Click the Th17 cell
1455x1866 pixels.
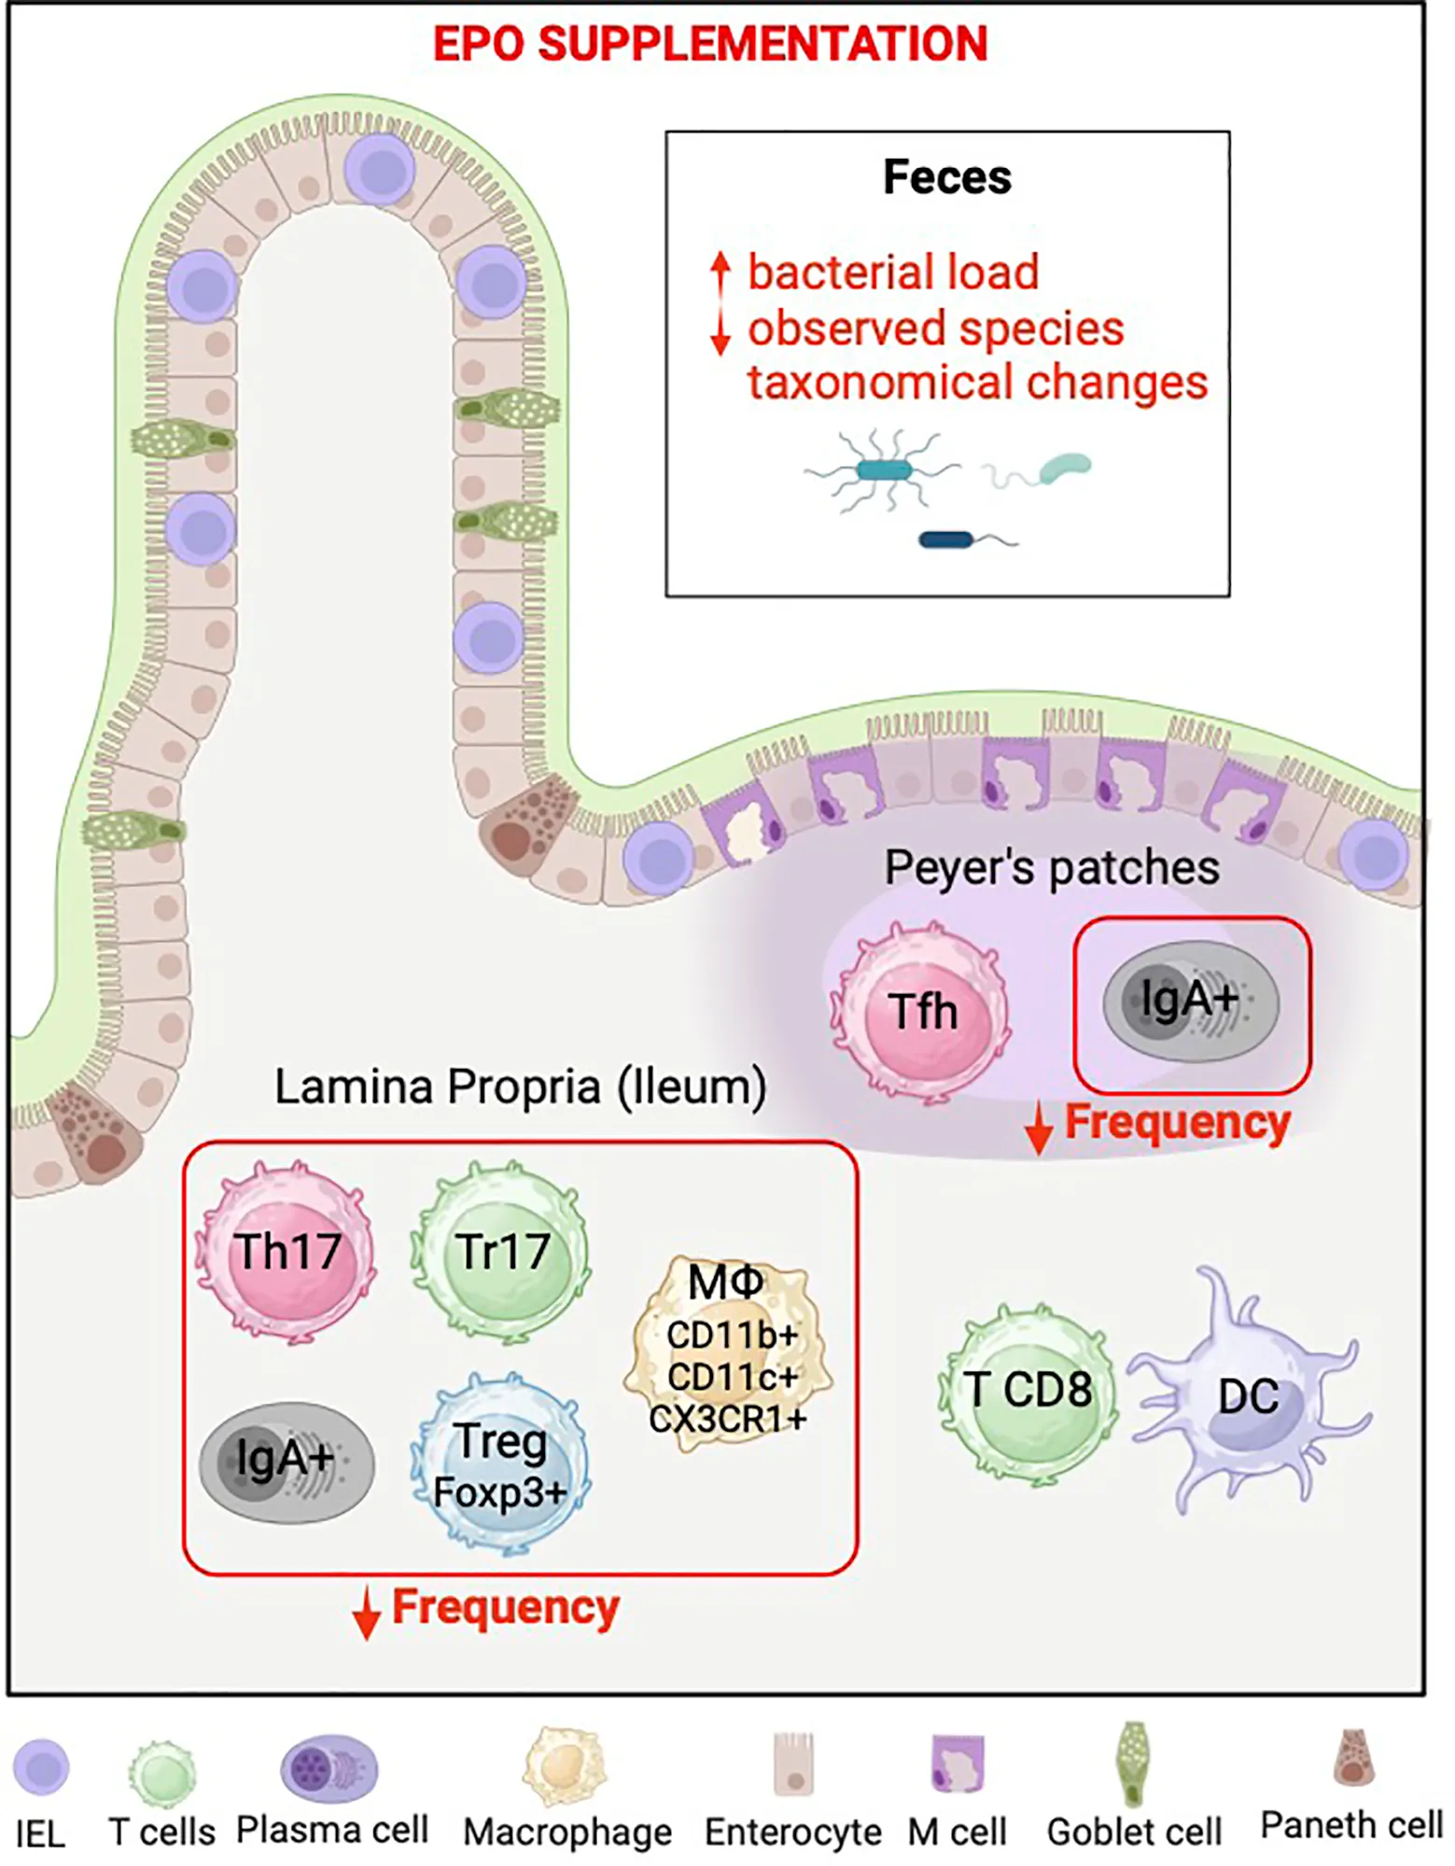click(x=286, y=1252)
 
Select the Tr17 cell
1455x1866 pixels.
click(x=501, y=1252)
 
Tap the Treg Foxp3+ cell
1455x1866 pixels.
click(x=501, y=1464)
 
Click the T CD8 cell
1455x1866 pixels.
click(x=1028, y=1391)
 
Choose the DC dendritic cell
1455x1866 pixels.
click(x=1247, y=1396)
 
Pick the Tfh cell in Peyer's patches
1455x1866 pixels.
click(x=922, y=1011)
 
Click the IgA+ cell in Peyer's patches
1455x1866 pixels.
click(x=1191, y=1003)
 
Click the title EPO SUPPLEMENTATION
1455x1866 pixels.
click(x=710, y=44)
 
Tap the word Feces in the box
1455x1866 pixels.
click(x=947, y=177)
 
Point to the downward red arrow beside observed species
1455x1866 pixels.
click(x=720, y=332)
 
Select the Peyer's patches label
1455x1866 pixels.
click(x=1052, y=868)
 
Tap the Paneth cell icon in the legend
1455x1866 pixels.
click(x=1353, y=1759)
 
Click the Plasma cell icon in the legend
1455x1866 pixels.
click(x=329, y=1767)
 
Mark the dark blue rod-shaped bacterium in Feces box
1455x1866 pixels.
click(x=946, y=540)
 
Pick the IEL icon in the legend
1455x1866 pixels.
click(x=41, y=1767)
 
